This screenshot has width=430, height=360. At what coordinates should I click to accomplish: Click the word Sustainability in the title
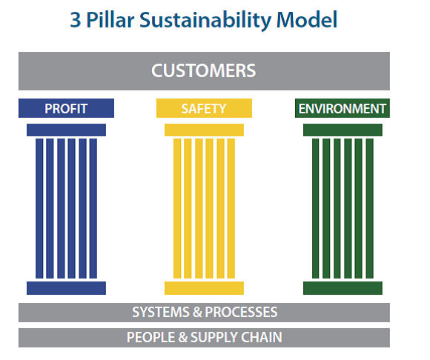pyautogui.click(x=205, y=20)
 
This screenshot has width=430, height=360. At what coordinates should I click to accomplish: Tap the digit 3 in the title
pyautogui.click(x=76, y=20)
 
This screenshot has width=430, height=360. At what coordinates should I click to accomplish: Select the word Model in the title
pyautogui.click(x=307, y=20)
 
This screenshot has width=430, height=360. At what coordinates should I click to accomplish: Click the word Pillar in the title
pyautogui.click(x=110, y=20)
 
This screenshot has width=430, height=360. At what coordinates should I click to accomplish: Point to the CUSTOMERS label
pyautogui.click(x=204, y=70)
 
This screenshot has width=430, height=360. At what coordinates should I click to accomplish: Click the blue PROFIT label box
pyautogui.click(x=67, y=108)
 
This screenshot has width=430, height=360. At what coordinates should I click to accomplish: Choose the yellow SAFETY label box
pyautogui.click(x=204, y=108)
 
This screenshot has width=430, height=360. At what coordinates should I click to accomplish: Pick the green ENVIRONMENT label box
pyautogui.click(x=343, y=108)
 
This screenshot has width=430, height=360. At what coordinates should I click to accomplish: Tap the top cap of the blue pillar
pyautogui.click(x=67, y=130)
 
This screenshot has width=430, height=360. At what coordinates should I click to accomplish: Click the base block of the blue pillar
pyautogui.click(x=67, y=288)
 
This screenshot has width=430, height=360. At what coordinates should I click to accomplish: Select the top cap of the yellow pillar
pyautogui.click(x=204, y=130)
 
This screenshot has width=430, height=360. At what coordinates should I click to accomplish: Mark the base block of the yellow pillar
pyautogui.click(x=204, y=288)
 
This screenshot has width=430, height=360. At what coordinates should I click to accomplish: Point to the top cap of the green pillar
pyautogui.click(x=343, y=130)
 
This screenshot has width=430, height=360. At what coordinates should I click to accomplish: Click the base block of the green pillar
pyautogui.click(x=343, y=288)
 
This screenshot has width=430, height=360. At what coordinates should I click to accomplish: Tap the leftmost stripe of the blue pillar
pyautogui.click(x=39, y=208)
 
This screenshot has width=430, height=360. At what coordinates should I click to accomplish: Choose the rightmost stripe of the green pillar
pyautogui.click(x=370, y=208)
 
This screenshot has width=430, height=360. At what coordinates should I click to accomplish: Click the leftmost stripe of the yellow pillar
pyautogui.click(x=177, y=208)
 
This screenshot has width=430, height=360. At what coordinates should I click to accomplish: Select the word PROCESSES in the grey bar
pyautogui.click(x=241, y=313)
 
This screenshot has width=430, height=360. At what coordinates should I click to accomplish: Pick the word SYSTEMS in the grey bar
pyautogui.click(x=161, y=313)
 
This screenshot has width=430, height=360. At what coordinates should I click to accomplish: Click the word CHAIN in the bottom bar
pyautogui.click(x=262, y=338)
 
